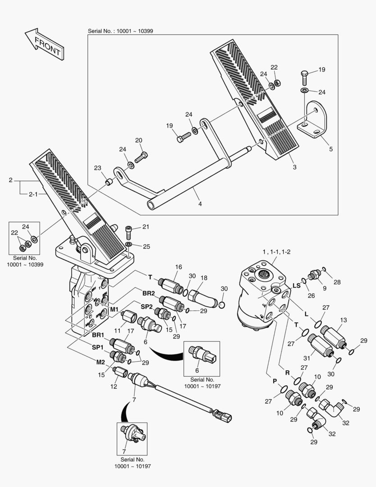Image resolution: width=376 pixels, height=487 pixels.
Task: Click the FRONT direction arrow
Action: [x=44, y=44]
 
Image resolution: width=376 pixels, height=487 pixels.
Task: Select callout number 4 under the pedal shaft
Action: [x=200, y=204]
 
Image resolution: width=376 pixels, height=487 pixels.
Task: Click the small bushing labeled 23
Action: [x=109, y=182]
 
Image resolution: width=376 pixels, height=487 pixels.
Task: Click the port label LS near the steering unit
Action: [x=296, y=285]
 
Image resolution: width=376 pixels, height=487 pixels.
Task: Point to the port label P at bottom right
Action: [x=274, y=381]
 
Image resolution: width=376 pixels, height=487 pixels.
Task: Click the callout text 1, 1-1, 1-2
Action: [x=276, y=252]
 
